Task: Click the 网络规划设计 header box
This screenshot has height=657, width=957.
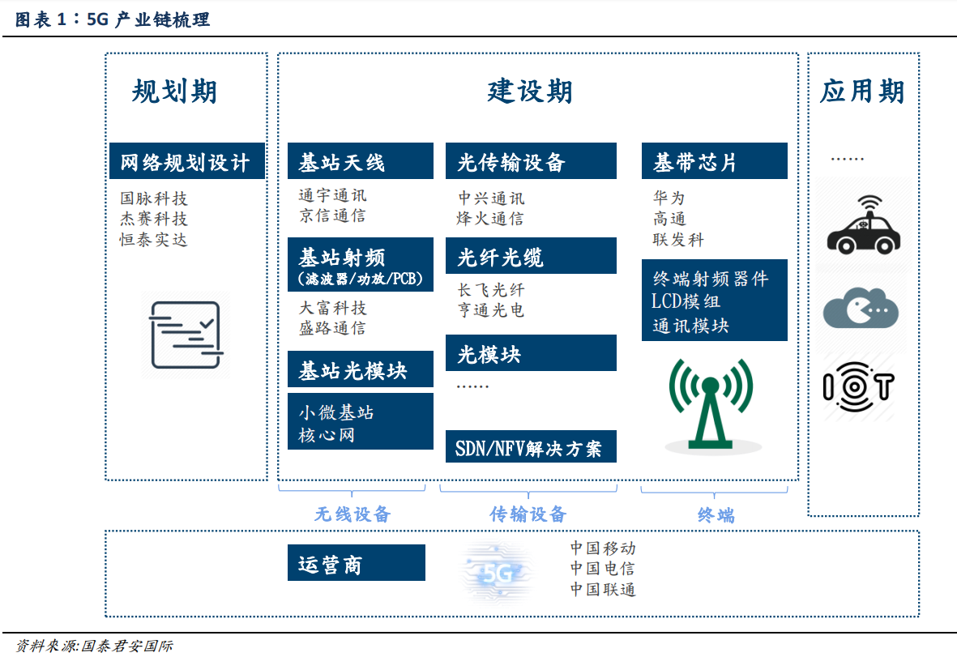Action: pos(186,161)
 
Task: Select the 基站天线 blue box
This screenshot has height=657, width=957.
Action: pos(360,161)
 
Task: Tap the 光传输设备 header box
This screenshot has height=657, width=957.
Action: pos(531,161)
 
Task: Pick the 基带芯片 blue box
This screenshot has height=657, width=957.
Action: pos(714,161)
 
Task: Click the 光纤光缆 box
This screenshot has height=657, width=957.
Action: pos(531,256)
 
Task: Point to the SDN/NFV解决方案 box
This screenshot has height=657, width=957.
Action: pos(531,446)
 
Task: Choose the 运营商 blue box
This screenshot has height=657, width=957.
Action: pos(357,562)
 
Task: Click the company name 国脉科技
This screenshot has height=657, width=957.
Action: pos(154,198)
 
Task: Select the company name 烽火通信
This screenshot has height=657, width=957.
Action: pos(490,219)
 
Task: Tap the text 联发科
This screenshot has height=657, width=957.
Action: pos(678,239)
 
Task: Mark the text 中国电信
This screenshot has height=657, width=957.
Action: pos(603,569)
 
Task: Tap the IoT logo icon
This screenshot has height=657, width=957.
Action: pos(859,386)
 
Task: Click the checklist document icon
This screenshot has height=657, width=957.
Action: pos(186,335)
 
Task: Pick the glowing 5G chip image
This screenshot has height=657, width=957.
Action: pos(498,572)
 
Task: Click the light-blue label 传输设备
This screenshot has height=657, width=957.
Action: pos(528,514)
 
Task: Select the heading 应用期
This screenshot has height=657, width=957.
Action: pos(862,92)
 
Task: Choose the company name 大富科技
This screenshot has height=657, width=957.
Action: pos(332,308)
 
